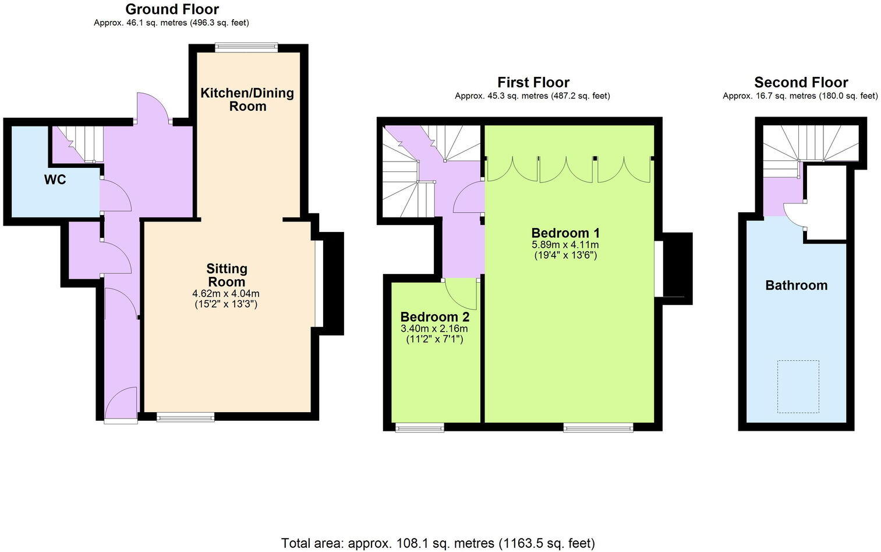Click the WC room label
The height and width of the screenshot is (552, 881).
[x=55, y=180]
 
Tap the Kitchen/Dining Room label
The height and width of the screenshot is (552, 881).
[x=247, y=99]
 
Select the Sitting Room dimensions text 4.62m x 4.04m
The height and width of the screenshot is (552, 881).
[x=226, y=293]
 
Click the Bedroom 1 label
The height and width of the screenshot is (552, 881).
[x=565, y=233]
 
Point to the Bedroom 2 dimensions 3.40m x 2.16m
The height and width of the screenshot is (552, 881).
[x=434, y=329]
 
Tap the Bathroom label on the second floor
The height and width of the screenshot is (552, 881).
[x=796, y=285]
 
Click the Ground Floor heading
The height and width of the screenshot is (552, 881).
[x=172, y=9]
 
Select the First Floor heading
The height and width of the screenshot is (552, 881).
[x=533, y=82]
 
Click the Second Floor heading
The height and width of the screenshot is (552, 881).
[x=801, y=82]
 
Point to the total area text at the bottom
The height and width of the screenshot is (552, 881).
[x=438, y=543]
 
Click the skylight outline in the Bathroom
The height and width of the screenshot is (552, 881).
[x=798, y=386]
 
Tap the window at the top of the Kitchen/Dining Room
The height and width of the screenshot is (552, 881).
[x=246, y=48]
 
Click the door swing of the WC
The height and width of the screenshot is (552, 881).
[x=114, y=195]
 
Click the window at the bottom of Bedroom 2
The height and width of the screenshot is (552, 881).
[x=419, y=428]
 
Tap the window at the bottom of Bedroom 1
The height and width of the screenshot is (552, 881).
[x=598, y=428]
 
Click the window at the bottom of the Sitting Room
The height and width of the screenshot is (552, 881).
[x=186, y=417]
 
